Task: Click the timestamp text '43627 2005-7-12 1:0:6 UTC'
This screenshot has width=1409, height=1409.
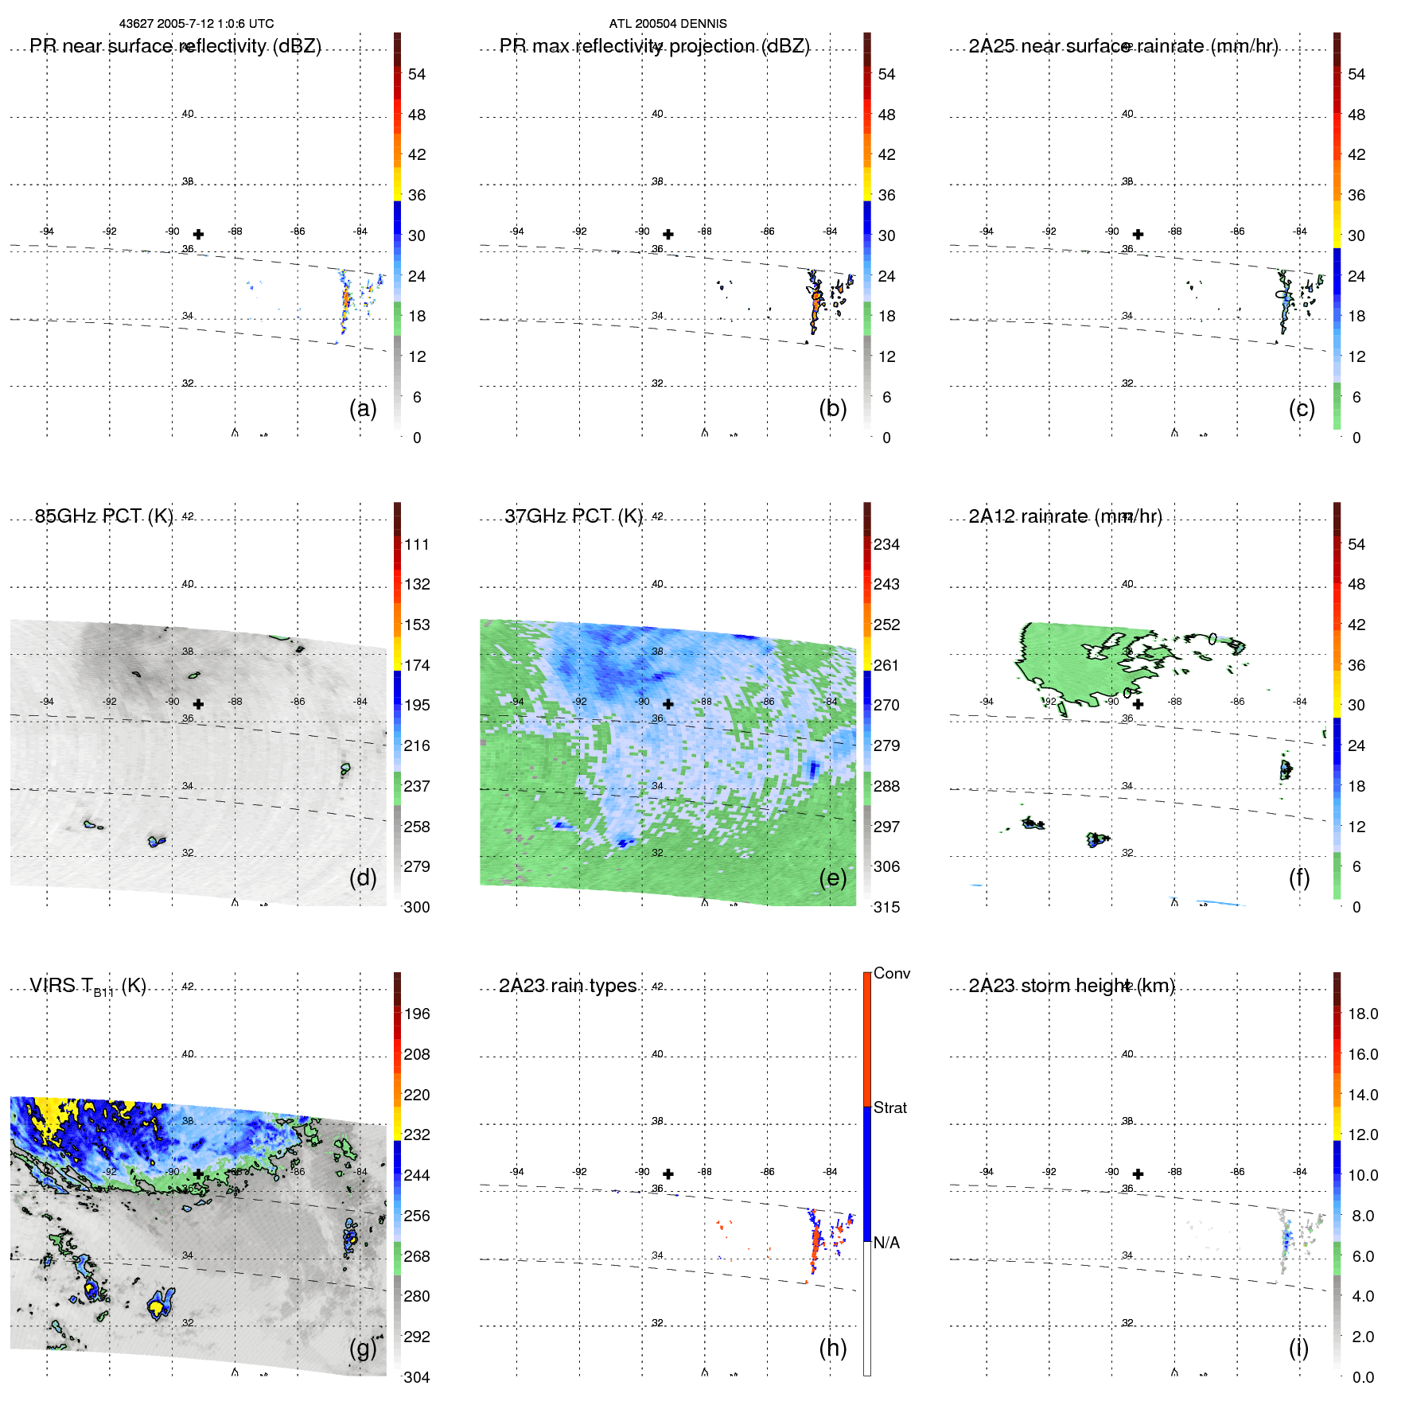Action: click(196, 24)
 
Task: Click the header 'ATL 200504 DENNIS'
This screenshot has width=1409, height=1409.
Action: click(668, 24)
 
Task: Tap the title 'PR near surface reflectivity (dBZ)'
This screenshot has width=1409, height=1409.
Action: click(175, 46)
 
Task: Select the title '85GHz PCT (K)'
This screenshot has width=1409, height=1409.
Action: click(103, 516)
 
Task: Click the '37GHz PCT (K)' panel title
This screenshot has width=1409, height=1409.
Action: click(573, 516)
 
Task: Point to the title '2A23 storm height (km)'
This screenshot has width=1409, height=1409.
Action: click(1071, 986)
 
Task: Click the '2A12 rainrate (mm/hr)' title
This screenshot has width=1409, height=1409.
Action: click(1065, 516)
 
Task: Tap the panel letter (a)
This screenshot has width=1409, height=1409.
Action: click(363, 408)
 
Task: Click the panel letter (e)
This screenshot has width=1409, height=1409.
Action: click(832, 878)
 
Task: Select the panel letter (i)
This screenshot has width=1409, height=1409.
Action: click(1298, 1348)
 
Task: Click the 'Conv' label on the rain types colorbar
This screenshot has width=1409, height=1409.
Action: click(891, 973)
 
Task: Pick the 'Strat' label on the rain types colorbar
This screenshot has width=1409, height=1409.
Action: click(889, 1107)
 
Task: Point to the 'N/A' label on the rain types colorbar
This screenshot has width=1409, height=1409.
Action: click(886, 1243)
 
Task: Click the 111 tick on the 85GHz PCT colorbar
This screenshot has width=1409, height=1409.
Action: click(417, 544)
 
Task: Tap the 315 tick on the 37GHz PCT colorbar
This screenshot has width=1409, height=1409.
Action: click(886, 907)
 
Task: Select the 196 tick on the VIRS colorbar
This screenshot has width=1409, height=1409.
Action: click(417, 1014)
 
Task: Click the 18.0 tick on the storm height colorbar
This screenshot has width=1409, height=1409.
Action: click(1362, 1014)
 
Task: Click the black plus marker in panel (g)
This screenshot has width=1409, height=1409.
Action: click(198, 1174)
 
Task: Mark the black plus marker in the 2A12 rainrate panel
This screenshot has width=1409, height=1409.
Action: click(1138, 704)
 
